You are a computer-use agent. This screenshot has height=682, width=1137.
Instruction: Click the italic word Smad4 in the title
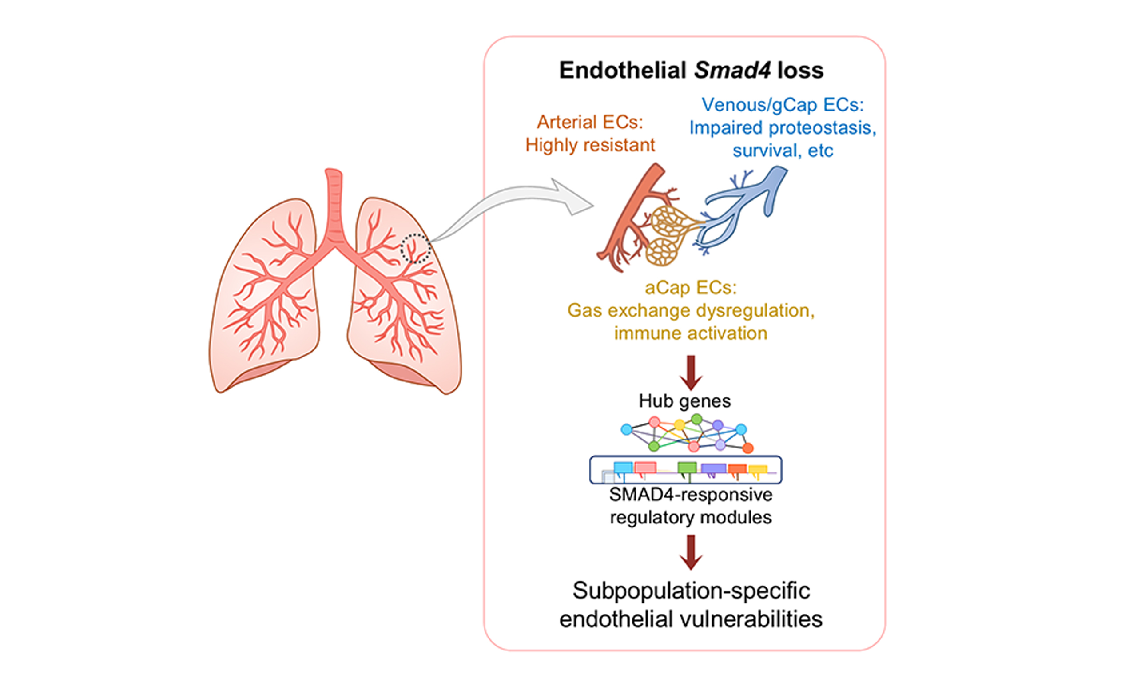tap(732, 70)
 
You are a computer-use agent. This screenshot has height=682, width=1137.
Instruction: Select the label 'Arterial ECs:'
tap(590, 122)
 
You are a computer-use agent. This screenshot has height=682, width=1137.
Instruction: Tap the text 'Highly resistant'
tap(590, 145)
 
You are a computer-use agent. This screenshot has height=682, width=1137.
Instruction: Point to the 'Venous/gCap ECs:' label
tap(783, 105)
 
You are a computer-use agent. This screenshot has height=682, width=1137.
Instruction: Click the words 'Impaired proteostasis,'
tap(783, 128)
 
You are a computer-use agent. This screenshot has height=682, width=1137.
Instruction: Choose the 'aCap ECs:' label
tap(691, 288)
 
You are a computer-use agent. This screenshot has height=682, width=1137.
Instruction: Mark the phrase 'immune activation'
tap(691, 333)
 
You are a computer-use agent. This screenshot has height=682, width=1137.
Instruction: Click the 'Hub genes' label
tap(685, 401)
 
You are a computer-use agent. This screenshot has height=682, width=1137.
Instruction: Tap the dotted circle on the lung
tap(415, 249)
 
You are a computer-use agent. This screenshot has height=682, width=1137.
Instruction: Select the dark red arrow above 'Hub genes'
tap(691, 372)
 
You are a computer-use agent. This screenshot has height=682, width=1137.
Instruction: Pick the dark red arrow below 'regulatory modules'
tap(691, 552)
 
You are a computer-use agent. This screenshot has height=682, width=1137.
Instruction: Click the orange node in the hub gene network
tap(748, 448)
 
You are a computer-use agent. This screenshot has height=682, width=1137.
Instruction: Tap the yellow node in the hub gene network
tap(679, 424)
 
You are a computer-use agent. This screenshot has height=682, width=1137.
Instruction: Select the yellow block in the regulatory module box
tap(758, 469)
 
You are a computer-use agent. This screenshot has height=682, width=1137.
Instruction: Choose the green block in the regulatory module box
tap(687, 468)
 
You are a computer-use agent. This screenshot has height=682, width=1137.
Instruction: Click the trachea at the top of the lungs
tap(334, 202)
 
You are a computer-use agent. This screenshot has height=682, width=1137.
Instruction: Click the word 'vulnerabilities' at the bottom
tap(751, 619)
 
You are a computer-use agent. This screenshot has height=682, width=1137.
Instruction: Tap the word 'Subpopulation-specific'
tap(691, 591)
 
